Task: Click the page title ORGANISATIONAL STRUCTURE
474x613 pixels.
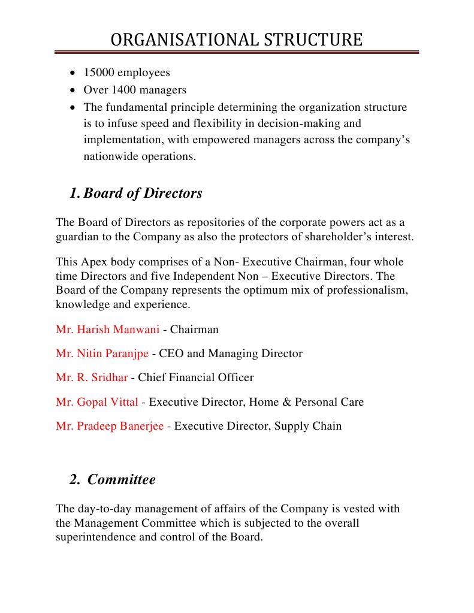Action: (237, 40)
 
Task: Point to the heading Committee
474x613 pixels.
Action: (122, 480)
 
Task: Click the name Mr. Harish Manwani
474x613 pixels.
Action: (108, 330)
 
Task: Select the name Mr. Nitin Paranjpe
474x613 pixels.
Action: (102, 354)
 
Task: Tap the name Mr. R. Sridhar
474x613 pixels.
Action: (92, 378)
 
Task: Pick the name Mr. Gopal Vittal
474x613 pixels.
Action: (97, 402)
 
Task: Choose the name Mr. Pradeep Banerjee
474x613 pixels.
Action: (110, 426)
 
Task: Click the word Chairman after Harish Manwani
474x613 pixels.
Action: (195, 330)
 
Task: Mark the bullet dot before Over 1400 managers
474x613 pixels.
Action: (73, 90)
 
